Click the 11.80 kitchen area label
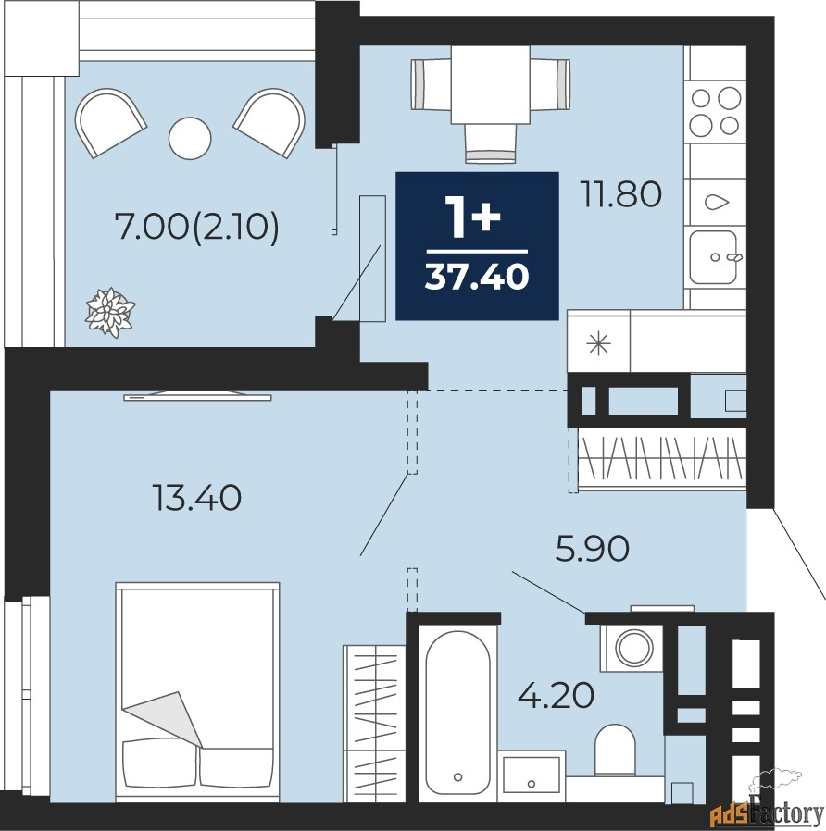click(x=620, y=193)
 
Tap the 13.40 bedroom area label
click(x=196, y=498)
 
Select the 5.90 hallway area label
click(x=593, y=548)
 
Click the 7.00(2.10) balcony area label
click(x=196, y=228)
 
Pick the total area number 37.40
click(x=477, y=276)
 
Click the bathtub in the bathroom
click(x=458, y=713)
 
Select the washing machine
click(x=632, y=648)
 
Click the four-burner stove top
click(x=715, y=111)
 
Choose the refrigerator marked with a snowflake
click(x=599, y=341)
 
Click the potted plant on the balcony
click(x=110, y=312)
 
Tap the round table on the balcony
click(x=190, y=138)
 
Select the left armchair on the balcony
click(x=110, y=122)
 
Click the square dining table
click(x=491, y=85)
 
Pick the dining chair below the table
click(x=491, y=143)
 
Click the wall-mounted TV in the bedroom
click(x=197, y=396)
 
